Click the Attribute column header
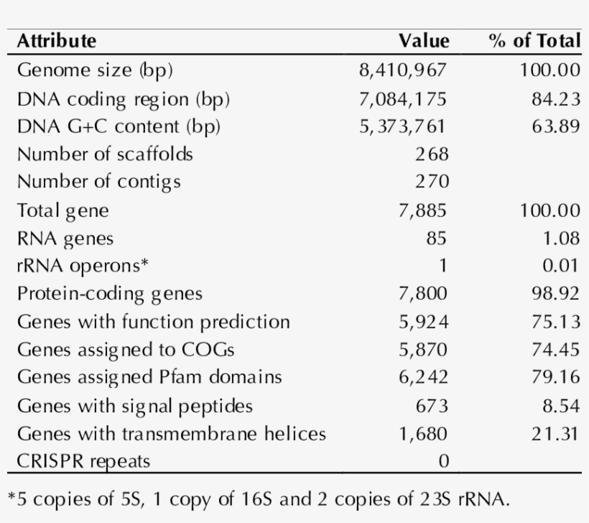coord(56,41)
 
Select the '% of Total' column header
coord(534,41)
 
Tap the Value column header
coord(424,41)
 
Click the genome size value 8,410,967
coord(403,70)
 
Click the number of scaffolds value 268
coord(432,154)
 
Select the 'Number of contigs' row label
coord(98,182)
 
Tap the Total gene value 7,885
coord(422,210)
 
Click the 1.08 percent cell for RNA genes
coord(560,238)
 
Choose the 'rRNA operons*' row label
coord(83,266)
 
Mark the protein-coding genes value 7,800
coord(422,294)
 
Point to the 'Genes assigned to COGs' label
coord(126,350)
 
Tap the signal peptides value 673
coord(432,406)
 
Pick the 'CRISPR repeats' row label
coord(83,461)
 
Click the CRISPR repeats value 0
coord(443,461)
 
